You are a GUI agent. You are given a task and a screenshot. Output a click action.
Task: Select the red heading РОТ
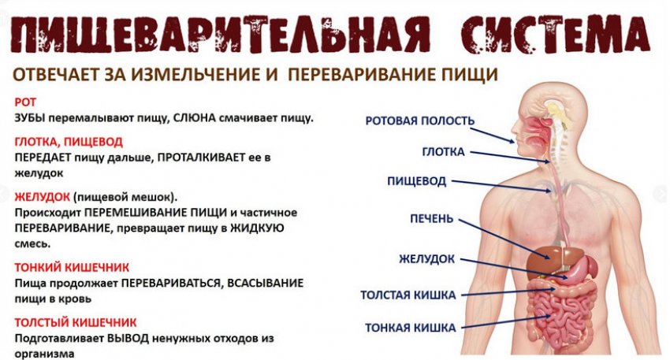[24, 102]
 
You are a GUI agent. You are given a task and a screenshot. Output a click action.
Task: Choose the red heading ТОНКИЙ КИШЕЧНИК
[72, 267]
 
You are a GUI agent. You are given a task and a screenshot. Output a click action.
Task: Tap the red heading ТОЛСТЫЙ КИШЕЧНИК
[76, 322]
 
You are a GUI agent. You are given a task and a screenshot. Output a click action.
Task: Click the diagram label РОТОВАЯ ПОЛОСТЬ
[420, 121]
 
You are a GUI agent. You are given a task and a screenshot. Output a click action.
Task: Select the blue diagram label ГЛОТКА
[444, 151]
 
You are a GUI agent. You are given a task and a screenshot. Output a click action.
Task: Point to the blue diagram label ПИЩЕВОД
[417, 181]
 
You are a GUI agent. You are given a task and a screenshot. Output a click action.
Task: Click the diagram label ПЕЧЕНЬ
[431, 218]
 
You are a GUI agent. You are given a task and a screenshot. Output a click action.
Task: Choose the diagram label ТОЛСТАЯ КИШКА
[408, 295]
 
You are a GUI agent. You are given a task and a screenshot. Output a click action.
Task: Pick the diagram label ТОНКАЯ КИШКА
[409, 326]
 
